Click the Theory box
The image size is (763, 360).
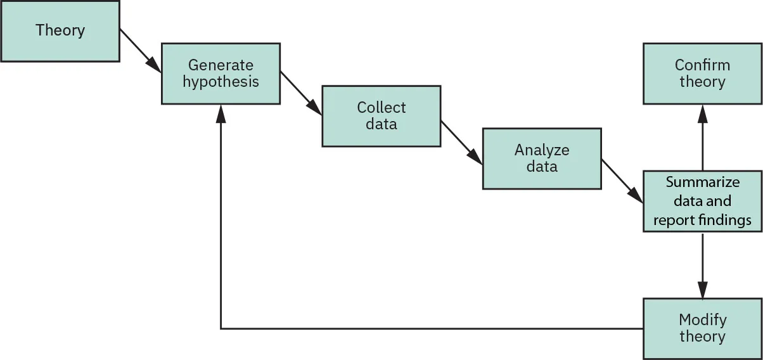pyautogui.click(x=60, y=30)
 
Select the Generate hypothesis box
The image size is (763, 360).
pyautogui.click(x=221, y=74)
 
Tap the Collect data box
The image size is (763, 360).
pyautogui.click(x=381, y=116)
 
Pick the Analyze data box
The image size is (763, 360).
pyautogui.click(x=541, y=158)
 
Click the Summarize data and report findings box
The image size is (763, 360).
pyautogui.click(x=702, y=201)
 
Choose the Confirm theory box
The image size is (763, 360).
pyautogui.click(x=702, y=74)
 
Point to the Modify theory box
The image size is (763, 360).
pyautogui.click(x=702, y=328)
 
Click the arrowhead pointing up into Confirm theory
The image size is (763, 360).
pyautogui.click(x=702, y=112)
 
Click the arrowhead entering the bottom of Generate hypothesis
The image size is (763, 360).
pyautogui.click(x=221, y=112)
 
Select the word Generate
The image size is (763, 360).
pyautogui.click(x=221, y=65)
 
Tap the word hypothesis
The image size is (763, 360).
pyautogui.click(x=221, y=82)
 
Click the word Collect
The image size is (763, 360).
pyautogui.click(x=381, y=108)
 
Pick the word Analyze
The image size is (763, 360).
pyautogui.click(x=541, y=150)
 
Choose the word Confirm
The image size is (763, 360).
pyautogui.click(x=702, y=65)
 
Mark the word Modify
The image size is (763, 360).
pyautogui.click(x=702, y=320)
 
